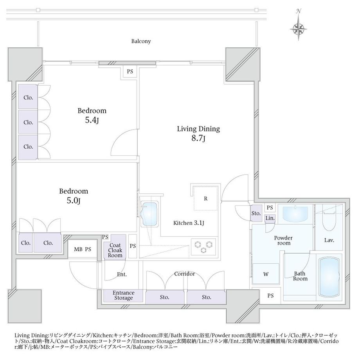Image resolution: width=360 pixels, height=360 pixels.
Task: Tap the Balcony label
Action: pos(141,41)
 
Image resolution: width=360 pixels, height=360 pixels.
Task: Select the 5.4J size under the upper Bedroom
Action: pos(92,120)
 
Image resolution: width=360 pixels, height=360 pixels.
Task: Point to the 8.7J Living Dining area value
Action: pos(198,139)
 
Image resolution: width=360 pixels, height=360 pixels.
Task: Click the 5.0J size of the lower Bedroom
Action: pos(74,201)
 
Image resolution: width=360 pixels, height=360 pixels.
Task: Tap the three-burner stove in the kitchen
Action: pos(203,247)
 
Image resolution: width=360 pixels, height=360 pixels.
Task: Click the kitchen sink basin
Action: pos(150,214)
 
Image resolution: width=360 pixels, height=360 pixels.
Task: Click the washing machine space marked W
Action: pos(266,274)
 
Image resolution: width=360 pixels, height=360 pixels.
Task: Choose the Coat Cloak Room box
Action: pos(115,247)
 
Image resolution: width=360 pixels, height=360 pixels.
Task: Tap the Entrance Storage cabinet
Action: pos(124,296)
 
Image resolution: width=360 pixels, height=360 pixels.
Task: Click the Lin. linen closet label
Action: pos(270,218)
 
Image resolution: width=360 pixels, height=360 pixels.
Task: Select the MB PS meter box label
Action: pos(83,249)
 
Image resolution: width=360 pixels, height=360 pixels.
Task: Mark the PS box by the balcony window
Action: pos(130,72)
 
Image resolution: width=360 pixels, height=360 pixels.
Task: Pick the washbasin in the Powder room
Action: pos(295,214)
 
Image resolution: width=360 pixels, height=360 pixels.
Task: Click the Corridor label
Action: pos(184,274)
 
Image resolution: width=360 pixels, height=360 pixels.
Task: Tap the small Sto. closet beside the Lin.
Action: pos(256,213)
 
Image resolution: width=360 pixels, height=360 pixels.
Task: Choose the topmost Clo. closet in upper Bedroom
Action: pos(28,97)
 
